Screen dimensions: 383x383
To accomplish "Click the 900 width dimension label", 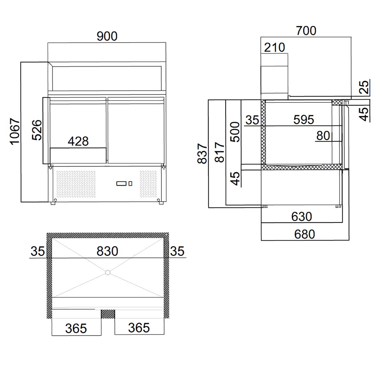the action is [x=107, y=36].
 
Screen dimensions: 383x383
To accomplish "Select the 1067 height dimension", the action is [x=15, y=131].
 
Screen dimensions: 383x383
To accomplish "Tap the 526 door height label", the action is [x=37, y=130].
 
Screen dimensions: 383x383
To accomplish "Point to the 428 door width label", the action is [x=78, y=141].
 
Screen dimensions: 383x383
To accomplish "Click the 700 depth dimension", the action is [x=306, y=31].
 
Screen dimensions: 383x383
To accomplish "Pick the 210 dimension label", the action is [x=274, y=48].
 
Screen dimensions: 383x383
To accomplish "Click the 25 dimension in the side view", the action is [x=364, y=87].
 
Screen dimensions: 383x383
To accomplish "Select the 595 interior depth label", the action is [x=304, y=120].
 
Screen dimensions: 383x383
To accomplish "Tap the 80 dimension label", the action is [x=323, y=136].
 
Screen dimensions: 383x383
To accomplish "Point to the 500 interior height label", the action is [x=235, y=132].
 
